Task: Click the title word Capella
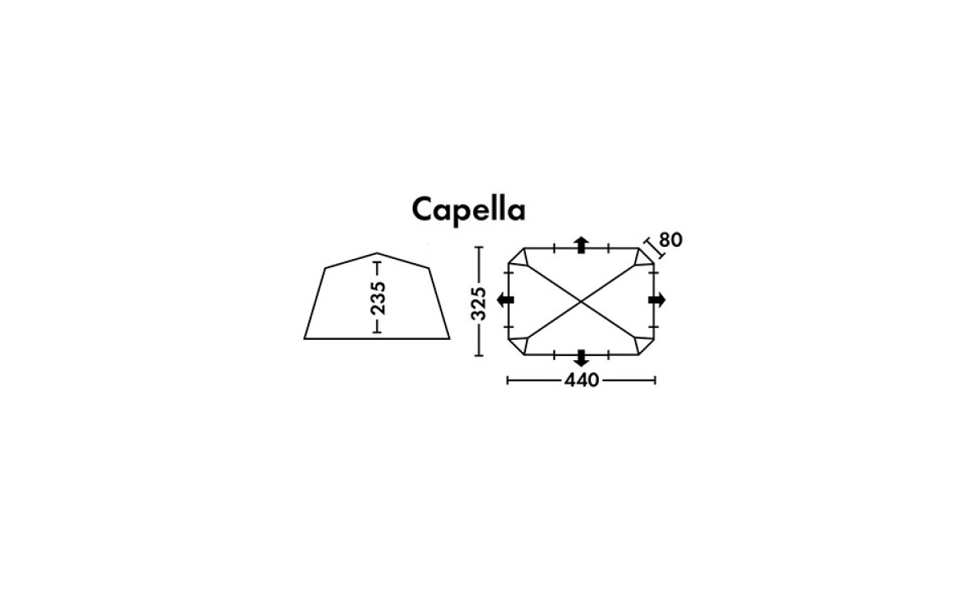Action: pos(469,210)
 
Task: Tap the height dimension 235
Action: pos(378,299)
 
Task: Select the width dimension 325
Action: pos(478,303)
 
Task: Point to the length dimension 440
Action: pos(581,380)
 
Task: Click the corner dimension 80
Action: pos(671,240)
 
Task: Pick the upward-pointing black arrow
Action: pos(581,245)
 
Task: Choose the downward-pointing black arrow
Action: pos(581,358)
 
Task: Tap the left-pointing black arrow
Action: pos(505,299)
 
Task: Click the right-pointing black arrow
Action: pos(657,299)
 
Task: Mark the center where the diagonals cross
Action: pos(581,301)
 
